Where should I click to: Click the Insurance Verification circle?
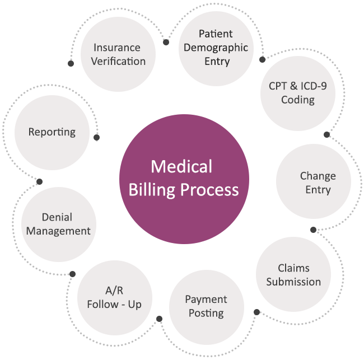click(x=118, y=54)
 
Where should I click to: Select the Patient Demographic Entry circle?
click(x=216, y=48)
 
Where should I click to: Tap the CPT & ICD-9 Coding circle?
click(x=297, y=93)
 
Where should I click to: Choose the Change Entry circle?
click(x=314, y=182)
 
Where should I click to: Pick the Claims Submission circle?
click(x=293, y=275)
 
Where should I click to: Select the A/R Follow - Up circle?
click(x=114, y=297)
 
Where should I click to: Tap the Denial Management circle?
click(x=58, y=224)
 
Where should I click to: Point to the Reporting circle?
click(x=52, y=132)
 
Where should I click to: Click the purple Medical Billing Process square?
click(x=184, y=179)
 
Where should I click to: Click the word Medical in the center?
click(x=181, y=167)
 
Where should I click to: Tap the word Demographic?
click(x=216, y=48)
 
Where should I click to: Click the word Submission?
click(x=293, y=282)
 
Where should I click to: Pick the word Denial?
click(x=57, y=217)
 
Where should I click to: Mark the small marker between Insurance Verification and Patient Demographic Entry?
click(x=166, y=42)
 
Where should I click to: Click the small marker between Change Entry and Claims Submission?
click(x=313, y=230)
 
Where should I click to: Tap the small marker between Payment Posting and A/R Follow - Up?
click(x=159, y=319)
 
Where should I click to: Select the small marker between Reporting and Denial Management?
click(x=39, y=181)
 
